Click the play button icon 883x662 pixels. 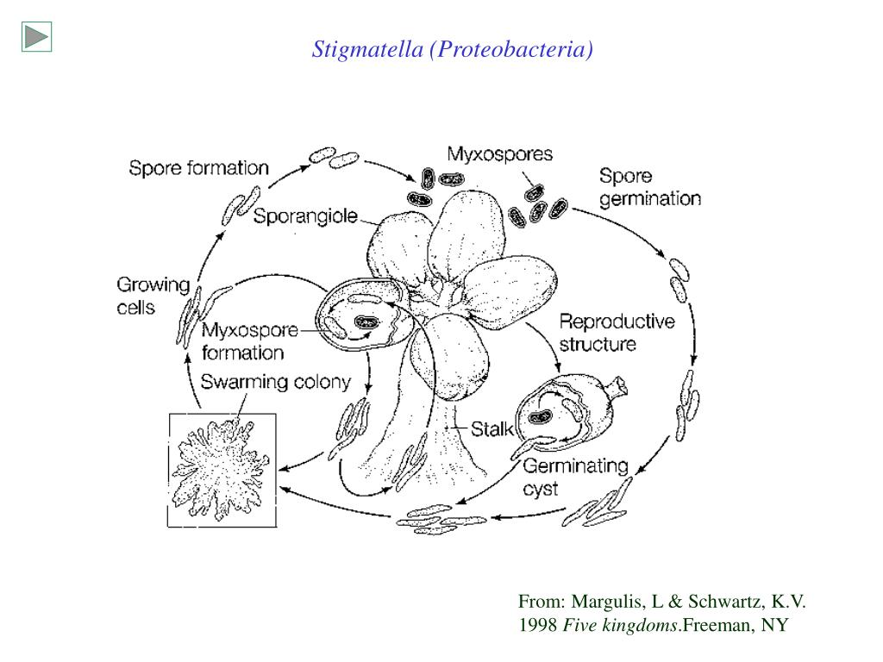click(36, 36)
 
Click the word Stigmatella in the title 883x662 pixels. click(367, 49)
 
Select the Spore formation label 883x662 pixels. click(199, 168)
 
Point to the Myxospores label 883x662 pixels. click(499, 153)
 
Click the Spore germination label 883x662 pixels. click(650, 187)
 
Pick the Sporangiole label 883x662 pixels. click(305, 215)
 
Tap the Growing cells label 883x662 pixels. click(153, 296)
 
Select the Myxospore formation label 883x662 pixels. click(250, 340)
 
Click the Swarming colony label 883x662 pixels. click(275, 382)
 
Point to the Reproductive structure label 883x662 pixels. click(617, 332)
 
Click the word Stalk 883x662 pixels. click(492, 429)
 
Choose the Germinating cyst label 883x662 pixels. click(575, 477)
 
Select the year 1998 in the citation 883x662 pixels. click(538, 625)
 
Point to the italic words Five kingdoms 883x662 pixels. click(621, 626)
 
